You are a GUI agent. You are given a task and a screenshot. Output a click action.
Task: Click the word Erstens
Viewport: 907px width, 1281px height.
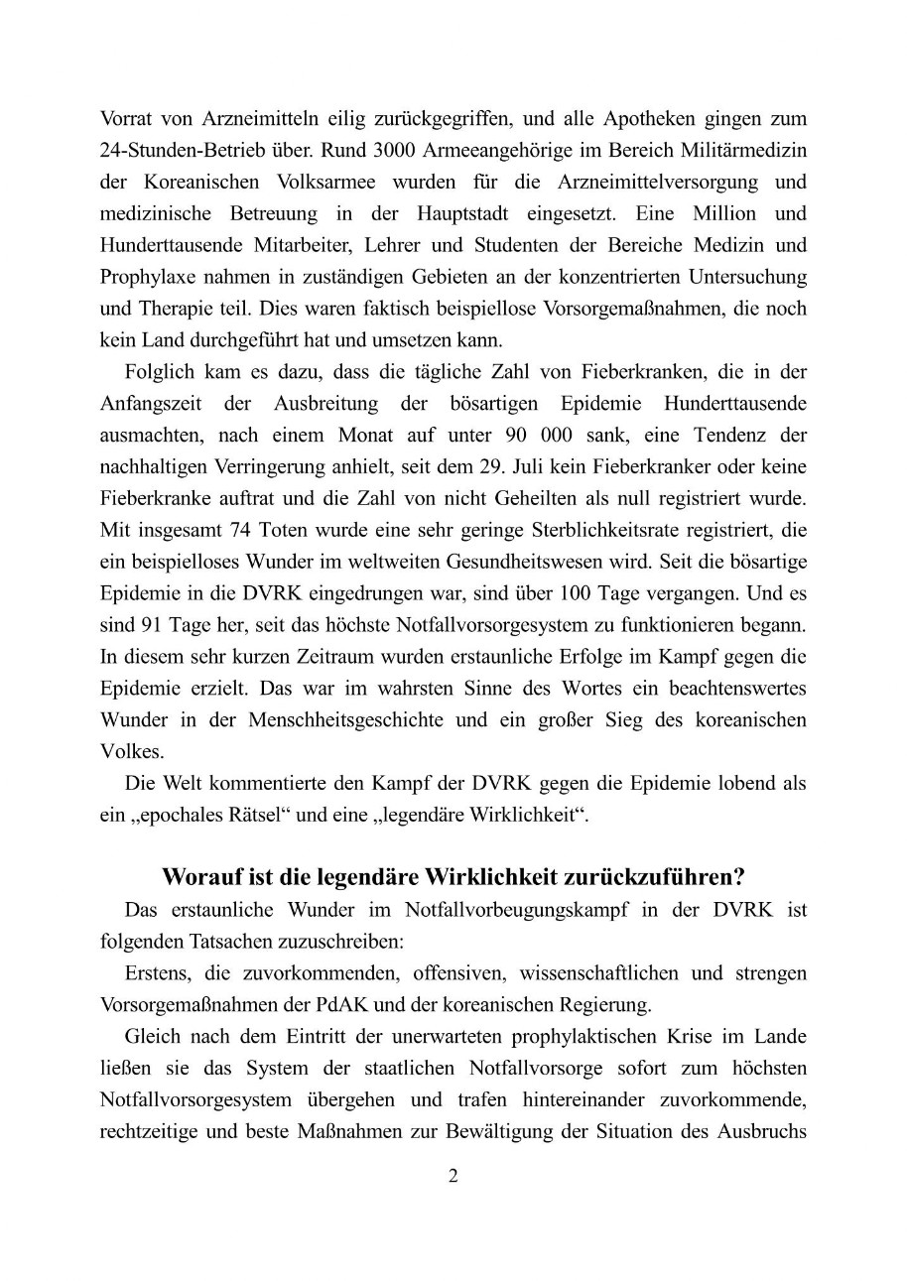click(x=157, y=972)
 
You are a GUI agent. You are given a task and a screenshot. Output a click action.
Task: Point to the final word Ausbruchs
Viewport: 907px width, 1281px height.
click(x=768, y=1130)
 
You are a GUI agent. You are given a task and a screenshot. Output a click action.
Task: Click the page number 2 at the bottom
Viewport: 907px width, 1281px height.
click(x=453, y=1177)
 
